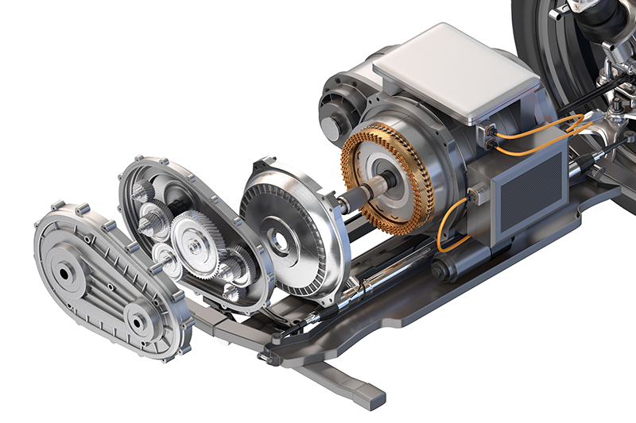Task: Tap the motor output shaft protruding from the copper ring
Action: (x=374, y=191)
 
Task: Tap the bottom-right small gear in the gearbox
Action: (x=231, y=290)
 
